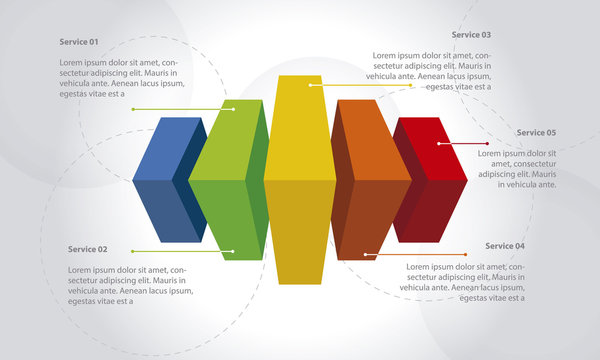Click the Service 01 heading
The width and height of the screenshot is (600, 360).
(79, 42)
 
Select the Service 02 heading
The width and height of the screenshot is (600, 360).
(88, 248)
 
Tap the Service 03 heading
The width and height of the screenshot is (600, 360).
(471, 34)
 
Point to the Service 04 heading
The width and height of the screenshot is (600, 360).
(505, 245)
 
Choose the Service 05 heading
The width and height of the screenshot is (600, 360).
(536, 132)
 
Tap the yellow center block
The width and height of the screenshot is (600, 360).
(299, 180)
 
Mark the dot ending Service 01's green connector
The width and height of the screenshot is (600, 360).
(233, 108)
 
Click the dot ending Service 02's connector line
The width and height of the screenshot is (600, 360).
(232, 251)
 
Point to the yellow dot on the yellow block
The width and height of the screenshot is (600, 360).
(311, 85)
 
